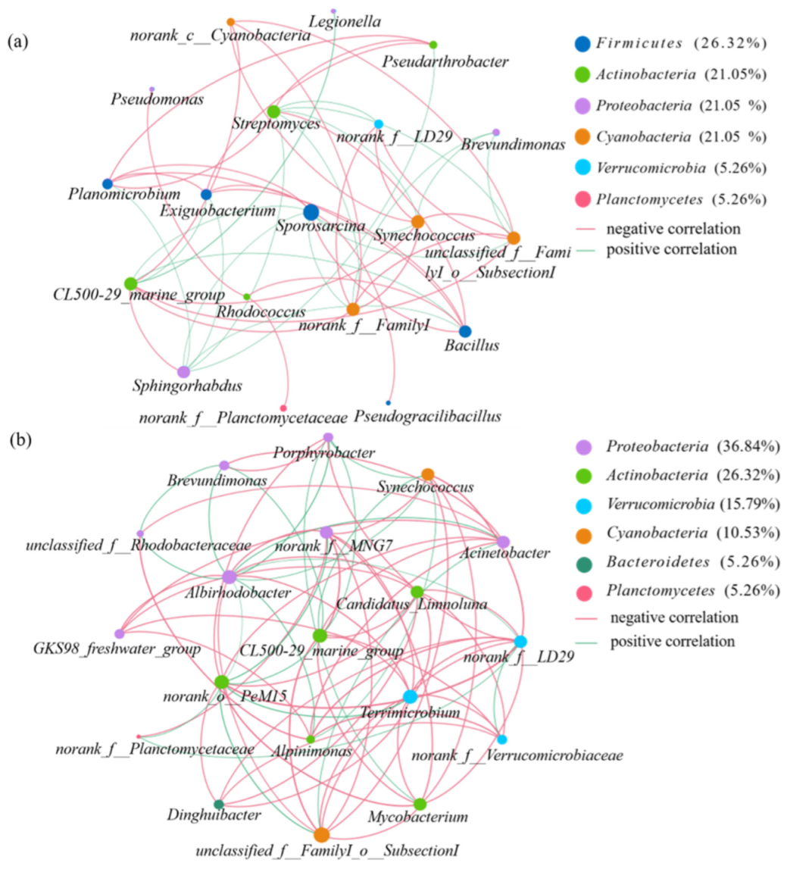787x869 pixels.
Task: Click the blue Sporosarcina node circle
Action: (310, 213)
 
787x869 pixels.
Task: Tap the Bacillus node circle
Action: (465, 331)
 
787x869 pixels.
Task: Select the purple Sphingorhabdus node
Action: (183, 372)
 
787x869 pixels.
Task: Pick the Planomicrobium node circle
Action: (108, 184)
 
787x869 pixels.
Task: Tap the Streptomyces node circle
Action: (273, 112)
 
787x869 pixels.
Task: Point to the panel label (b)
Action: (19, 439)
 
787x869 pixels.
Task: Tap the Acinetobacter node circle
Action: (504, 542)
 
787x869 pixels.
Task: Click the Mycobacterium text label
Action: (428, 817)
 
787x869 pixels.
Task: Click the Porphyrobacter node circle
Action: (328, 437)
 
